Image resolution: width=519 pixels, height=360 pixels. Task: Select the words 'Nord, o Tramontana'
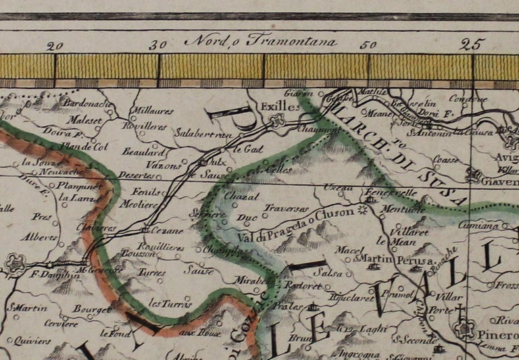(x=260, y=41)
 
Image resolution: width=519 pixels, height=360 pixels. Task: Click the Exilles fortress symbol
(x=275, y=122)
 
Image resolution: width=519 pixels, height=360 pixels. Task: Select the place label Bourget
(x=94, y=309)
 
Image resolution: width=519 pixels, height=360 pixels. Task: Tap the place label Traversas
(x=286, y=209)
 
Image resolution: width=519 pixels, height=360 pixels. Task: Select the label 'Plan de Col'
(x=84, y=146)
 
